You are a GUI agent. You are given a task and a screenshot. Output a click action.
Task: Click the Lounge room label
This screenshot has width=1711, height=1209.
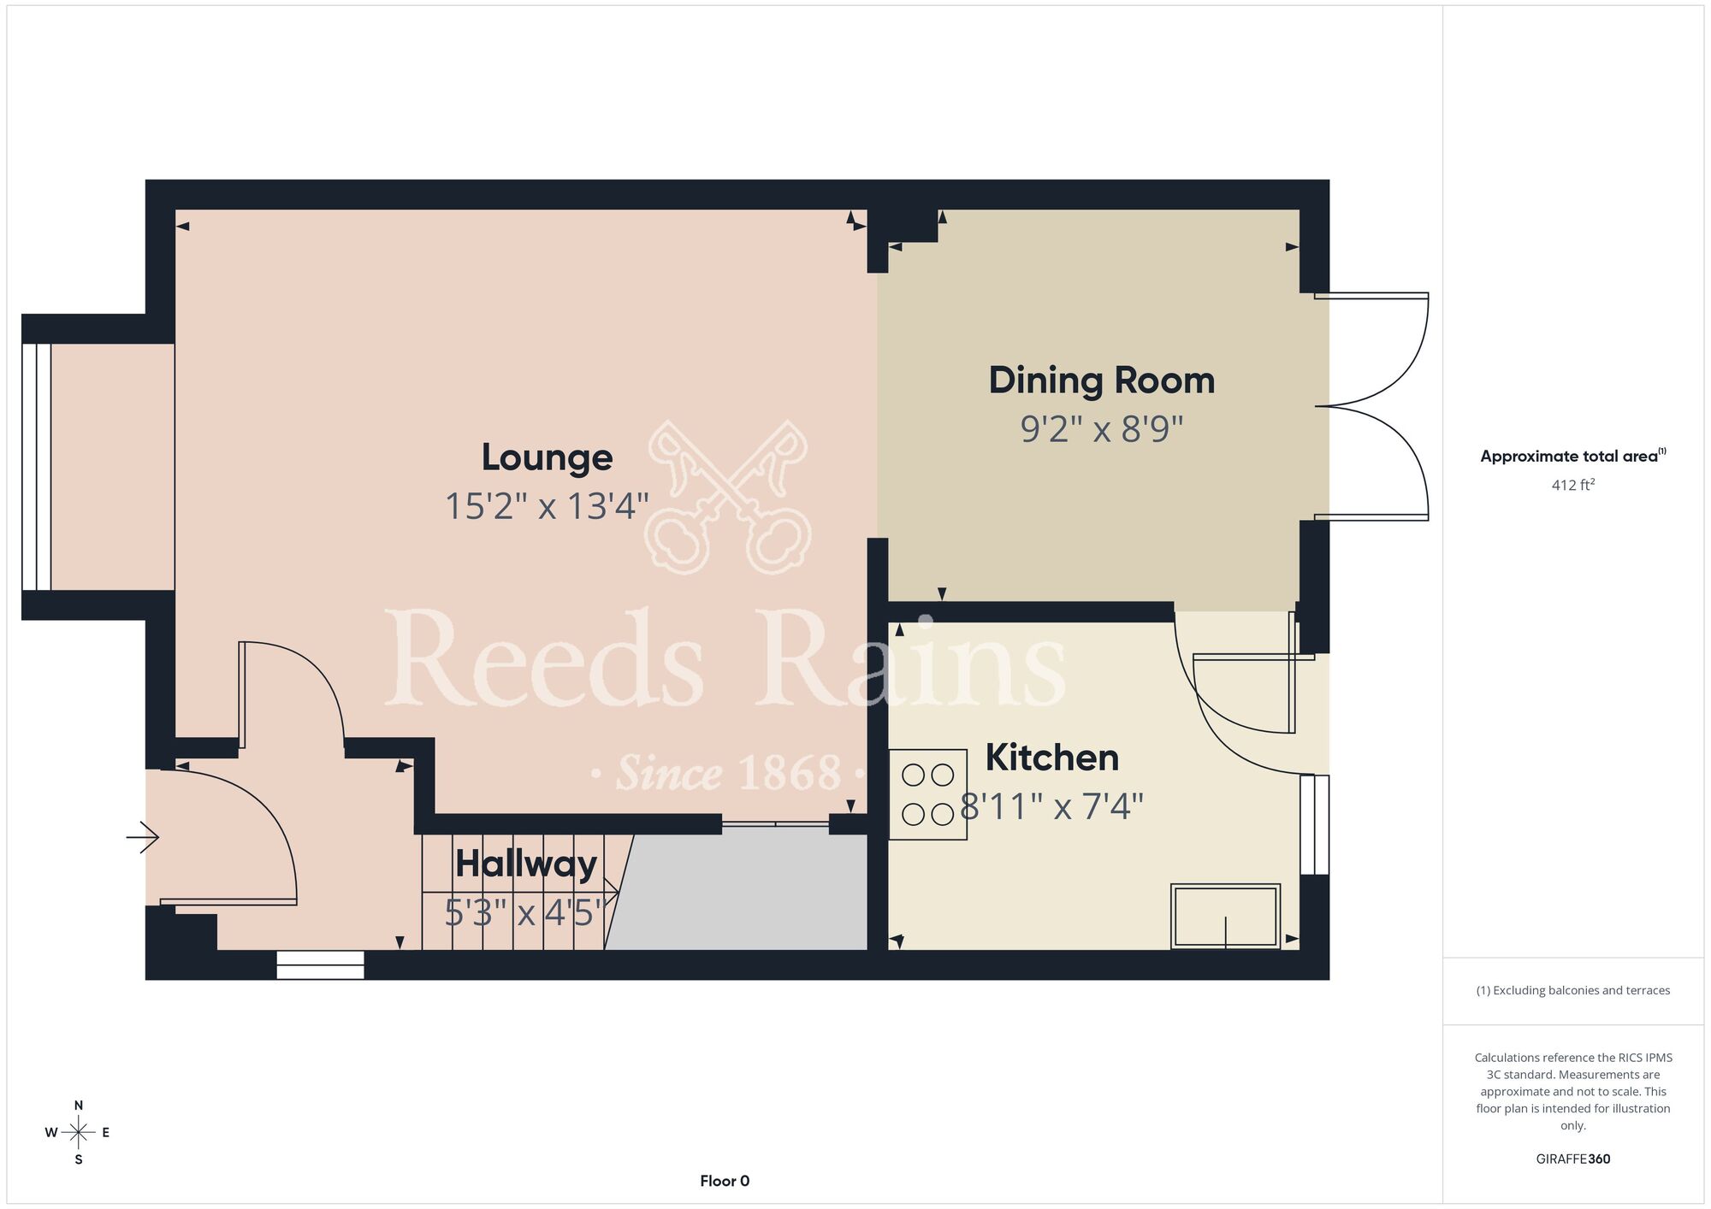[547, 457]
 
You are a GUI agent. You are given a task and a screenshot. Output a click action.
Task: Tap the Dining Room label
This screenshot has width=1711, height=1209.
[1102, 380]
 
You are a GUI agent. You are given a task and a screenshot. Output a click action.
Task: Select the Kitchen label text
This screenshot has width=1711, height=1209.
[1052, 758]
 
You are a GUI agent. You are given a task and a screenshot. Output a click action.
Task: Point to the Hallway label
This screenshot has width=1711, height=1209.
[526, 864]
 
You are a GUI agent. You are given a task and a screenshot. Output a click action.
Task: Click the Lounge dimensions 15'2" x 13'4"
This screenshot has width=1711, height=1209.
[547, 506]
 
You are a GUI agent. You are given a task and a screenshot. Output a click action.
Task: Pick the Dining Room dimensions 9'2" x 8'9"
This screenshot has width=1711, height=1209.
[1102, 428]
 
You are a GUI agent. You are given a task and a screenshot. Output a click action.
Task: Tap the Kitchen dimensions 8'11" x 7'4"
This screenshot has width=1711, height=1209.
[1052, 806]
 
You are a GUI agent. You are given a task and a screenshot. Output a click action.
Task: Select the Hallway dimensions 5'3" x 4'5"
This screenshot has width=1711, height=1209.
[530, 913]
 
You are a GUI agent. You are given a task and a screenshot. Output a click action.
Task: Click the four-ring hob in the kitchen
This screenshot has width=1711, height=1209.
[928, 794]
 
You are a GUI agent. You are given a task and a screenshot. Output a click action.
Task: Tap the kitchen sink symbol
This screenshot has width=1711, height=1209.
[1225, 916]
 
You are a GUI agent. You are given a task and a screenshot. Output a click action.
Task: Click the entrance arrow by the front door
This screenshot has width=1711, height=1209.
[143, 837]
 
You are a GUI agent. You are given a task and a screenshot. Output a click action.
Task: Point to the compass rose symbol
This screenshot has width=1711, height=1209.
[79, 1133]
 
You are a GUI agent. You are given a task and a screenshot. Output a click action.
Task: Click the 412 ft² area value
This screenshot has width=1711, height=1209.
[1573, 485]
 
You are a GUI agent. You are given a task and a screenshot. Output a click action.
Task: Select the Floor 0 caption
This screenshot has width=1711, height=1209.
[725, 1181]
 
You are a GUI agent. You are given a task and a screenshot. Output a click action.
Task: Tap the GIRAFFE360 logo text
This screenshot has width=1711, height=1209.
[1573, 1159]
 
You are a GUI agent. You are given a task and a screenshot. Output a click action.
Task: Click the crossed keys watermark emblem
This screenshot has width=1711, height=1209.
[728, 496]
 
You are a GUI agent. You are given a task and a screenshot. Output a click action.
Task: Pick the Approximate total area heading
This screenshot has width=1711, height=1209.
[1573, 456]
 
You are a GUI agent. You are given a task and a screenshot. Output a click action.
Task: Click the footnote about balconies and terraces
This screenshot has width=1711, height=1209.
[1573, 990]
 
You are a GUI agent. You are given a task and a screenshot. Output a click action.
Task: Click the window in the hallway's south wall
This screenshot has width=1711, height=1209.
[321, 965]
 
